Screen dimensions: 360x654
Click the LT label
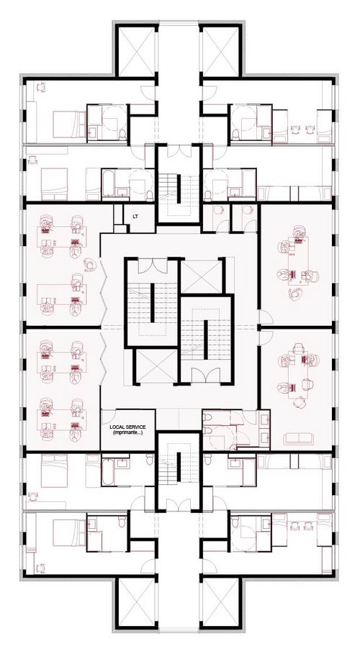(135, 216)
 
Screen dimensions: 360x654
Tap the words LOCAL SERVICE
(127, 427)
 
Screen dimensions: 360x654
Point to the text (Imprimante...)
(127, 432)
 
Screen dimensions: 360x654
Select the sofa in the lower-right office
(298, 438)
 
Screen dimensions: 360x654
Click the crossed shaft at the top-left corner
(137, 50)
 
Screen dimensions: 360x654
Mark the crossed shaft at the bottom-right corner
(220, 602)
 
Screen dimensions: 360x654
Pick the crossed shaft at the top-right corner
(220, 50)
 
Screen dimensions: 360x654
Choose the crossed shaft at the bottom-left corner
(137, 602)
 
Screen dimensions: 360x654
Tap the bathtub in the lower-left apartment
(107, 471)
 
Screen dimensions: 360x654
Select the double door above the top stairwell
(179, 150)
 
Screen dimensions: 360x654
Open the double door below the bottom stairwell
(179, 504)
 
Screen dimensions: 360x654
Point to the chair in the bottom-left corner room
(41, 568)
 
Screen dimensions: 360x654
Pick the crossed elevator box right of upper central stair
(202, 277)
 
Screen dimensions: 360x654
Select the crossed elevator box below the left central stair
(157, 366)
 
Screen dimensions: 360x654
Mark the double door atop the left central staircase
(153, 265)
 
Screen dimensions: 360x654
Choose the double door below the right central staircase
(207, 375)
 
